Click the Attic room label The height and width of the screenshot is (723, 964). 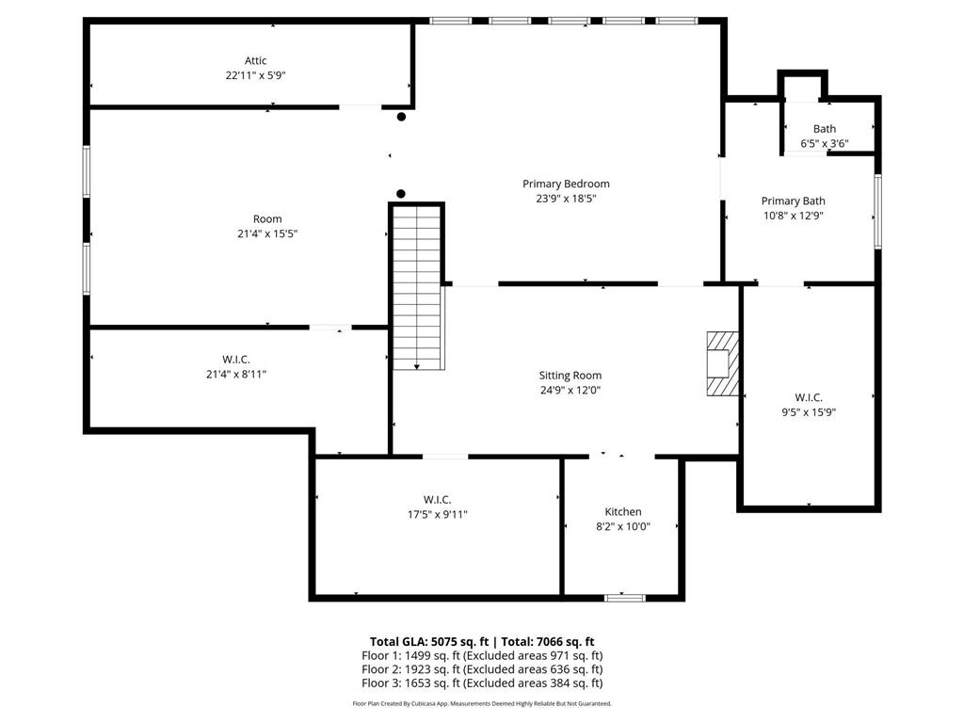pyautogui.click(x=255, y=61)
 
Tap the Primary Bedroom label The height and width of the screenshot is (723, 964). pyautogui.click(x=566, y=184)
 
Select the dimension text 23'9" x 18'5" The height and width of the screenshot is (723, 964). pyautogui.click(x=566, y=199)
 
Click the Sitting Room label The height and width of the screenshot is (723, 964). pyautogui.click(x=570, y=375)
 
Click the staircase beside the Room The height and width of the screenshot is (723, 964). pyautogui.click(x=417, y=287)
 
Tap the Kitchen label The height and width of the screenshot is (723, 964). pyautogui.click(x=622, y=511)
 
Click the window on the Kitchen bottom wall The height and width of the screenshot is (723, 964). pyautogui.click(x=625, y=597)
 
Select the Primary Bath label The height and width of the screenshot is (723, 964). pyautogui.click(x=793, y=201)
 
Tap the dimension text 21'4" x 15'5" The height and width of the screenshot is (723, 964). pyautogui.click(x=267, y=233)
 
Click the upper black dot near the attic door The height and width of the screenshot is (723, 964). pyautogui.click(x=401, y=117)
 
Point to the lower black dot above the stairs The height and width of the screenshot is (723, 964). pyautogui.click(x=401, y=193)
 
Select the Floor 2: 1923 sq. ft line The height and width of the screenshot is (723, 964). pyautogui.click(x=482, y=669)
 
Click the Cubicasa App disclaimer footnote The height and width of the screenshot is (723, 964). pyautogui.click(x=482, y=703)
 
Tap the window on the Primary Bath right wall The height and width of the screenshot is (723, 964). pyautogui.click(x=877, y=211)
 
